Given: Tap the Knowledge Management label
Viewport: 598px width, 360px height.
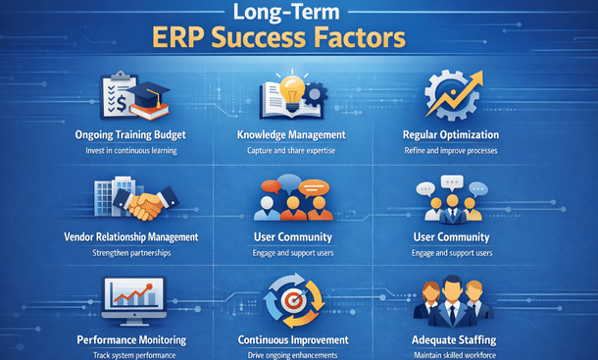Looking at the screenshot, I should point(291,134).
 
